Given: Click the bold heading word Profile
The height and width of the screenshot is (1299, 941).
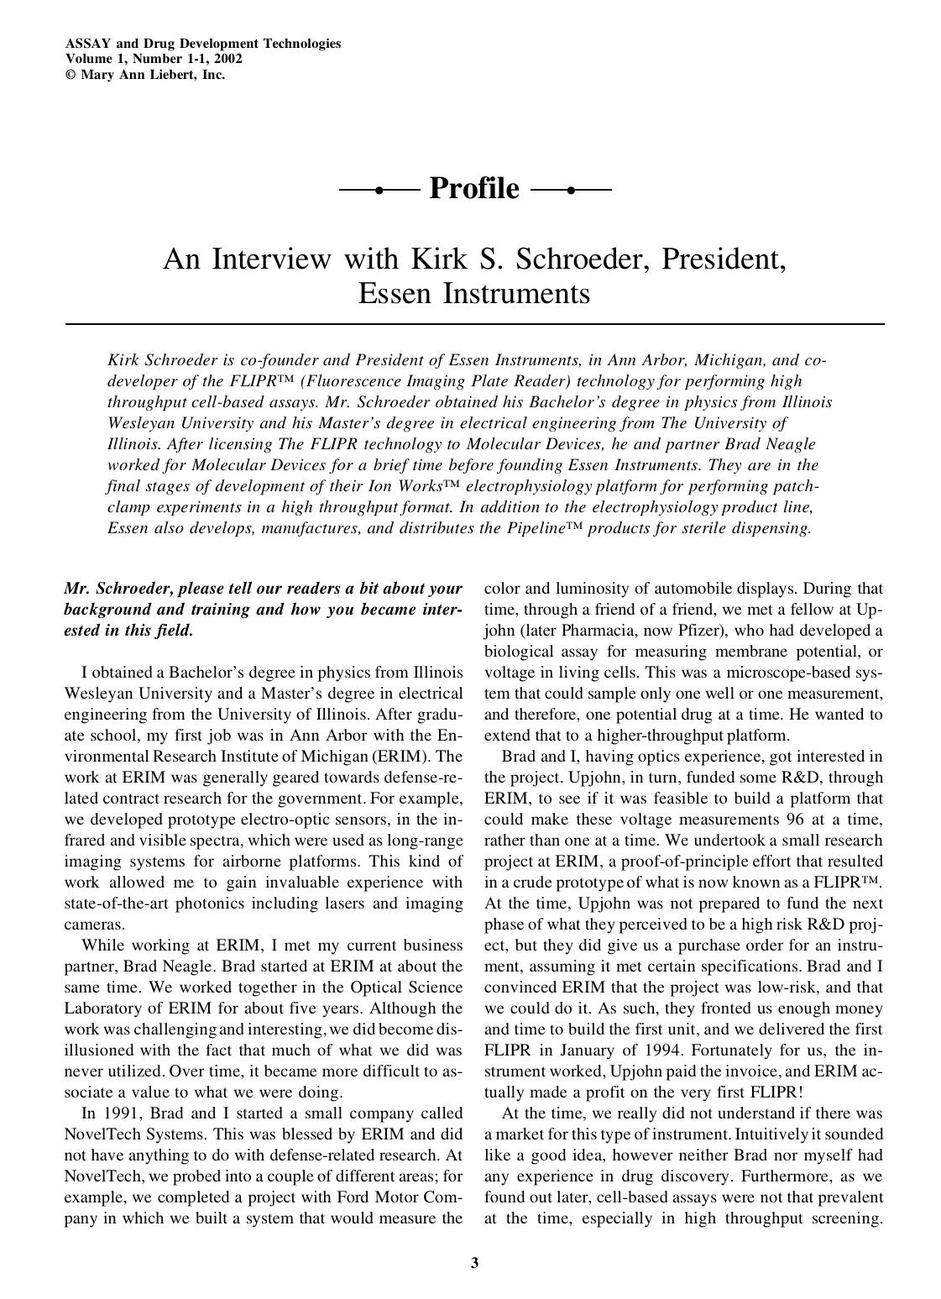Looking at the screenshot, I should tap(474, 189).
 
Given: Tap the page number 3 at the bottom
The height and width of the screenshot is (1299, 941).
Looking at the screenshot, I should tap(474, 1262).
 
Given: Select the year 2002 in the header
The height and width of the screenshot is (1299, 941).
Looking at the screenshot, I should tap(227, 59).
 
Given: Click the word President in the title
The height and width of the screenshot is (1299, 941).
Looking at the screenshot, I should tap(723, 259).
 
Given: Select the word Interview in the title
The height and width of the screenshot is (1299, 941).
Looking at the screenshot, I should tap(271, 259).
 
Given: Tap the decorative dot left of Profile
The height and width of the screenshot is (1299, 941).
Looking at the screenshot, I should tap(379, 191).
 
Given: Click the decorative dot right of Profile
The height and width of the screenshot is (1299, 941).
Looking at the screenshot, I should tap(571, 191).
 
